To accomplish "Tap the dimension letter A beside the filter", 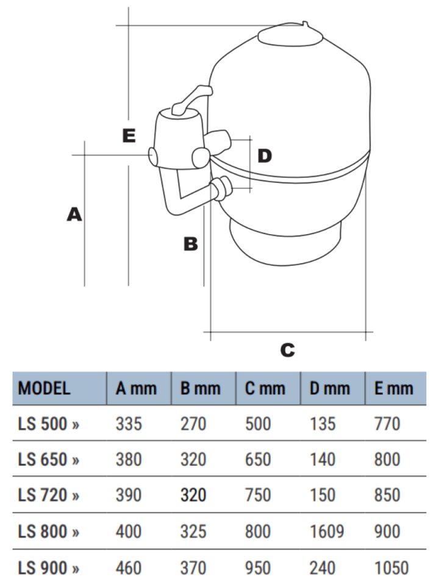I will [74, 214].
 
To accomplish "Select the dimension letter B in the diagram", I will [191, 244].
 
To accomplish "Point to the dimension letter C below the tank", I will [287, 350].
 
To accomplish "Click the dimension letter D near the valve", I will [263, 156].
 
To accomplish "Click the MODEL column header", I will [44, 388].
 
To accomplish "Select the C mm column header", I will [266, 388].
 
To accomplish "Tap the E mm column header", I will [394, 388].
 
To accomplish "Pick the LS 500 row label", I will [49, 424].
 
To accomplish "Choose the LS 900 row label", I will [49, 568].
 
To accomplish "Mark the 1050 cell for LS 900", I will [391, 568].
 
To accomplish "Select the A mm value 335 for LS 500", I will [129, 424].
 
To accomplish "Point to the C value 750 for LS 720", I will [259, 496].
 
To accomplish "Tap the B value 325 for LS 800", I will [193, 532].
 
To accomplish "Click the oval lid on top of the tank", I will [290, 36].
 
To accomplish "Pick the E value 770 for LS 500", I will [387, 424].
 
